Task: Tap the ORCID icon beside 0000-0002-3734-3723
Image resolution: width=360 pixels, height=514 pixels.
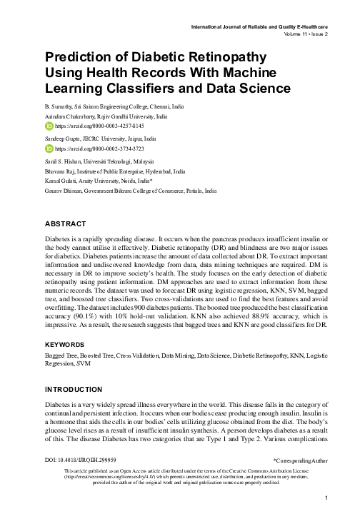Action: click(x=49, y=148)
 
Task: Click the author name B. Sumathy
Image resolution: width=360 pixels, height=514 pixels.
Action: click(x=60, y=106)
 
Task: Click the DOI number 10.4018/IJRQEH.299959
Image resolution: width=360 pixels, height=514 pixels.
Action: click(x=86, y=460)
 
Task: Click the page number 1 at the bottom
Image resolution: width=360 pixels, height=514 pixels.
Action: click(x=325, y=498)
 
